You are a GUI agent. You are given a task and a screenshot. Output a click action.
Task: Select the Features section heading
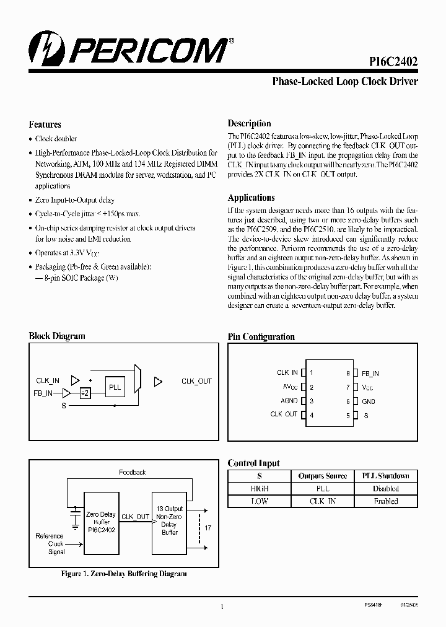45,125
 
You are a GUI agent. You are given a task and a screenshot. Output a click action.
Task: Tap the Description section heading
249,123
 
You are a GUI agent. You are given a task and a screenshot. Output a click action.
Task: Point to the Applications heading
251,198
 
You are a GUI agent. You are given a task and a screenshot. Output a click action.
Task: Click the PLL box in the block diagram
115,387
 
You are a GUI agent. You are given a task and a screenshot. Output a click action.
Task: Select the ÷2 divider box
85,393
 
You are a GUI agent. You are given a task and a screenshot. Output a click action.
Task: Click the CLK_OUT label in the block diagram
196,381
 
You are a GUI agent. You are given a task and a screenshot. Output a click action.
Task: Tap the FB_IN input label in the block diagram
43,393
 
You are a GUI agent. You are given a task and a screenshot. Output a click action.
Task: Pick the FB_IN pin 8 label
370,374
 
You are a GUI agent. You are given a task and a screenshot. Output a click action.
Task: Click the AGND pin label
289,401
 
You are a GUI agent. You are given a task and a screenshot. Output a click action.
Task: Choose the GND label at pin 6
369,401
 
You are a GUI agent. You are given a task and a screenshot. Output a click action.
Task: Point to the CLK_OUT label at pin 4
284,414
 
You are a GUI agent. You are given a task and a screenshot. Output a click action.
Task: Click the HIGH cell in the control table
259,488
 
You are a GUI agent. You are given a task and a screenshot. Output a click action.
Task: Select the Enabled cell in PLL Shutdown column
385,501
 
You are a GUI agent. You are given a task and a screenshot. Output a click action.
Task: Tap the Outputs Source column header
323,476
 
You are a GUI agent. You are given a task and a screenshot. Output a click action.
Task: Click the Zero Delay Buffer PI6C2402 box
100,522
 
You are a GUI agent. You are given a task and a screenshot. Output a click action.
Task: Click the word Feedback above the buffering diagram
133,472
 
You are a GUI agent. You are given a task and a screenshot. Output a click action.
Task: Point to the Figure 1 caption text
124,574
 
